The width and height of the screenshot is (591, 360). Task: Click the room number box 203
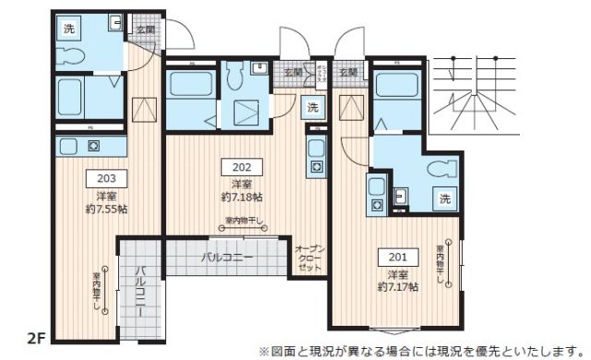[105, 179]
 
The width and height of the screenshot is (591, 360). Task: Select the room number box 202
[241, 167]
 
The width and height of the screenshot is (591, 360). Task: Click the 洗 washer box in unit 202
[312, 107]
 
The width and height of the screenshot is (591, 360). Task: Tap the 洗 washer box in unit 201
[445, 199]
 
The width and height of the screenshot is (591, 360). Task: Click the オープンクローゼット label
[308, 258]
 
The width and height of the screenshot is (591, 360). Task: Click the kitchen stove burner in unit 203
[92, 145]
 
